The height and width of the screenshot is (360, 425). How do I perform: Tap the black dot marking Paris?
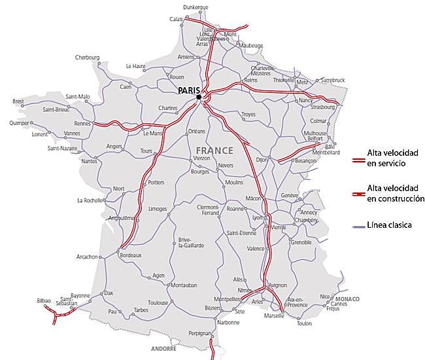point(198,98)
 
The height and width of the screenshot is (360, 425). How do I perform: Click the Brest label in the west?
point(18,101)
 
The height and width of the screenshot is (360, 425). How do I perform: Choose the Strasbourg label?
point(323,107)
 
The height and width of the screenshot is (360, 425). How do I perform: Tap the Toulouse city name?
point(158,303)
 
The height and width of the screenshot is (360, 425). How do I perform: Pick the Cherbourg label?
point(88,57)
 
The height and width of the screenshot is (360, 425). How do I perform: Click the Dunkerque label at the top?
point(195,7)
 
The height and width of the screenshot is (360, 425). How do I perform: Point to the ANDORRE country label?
point(163,349)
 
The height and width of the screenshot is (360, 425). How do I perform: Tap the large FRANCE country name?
point(214,151)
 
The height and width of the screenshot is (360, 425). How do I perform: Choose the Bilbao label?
point(44,300)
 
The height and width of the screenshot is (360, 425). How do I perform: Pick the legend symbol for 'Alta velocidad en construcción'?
point(358,194)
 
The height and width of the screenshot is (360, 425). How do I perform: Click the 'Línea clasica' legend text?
point(390,225)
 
